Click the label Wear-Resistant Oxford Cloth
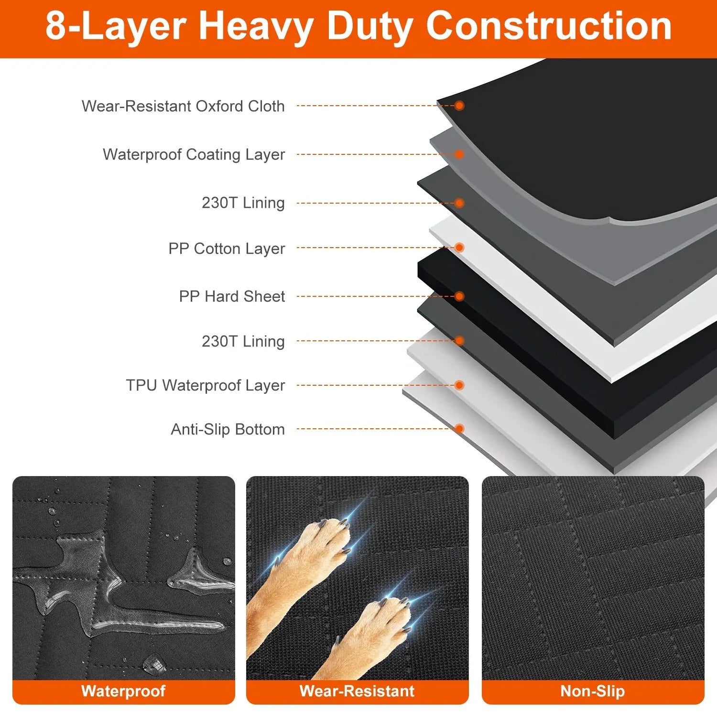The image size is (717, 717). pyautogui.click(x=183, y=106)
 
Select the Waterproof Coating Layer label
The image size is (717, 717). pyautogui.click(x=194, y=154)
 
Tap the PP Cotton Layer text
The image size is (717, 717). pyautogui.click(x=227, y=249)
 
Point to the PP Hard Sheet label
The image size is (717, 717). pyautogui.click(x=232, y=296)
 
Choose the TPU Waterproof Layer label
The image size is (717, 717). pyautogui.click(x=205, y=385)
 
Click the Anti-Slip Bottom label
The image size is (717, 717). pyautogui.click(x=228, y=429)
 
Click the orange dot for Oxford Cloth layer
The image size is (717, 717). pyautogui.click(x=459, y=106)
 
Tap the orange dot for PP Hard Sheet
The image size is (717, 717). pyautogui.click(x=459, y=296)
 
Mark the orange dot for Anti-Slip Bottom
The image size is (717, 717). pyautogui.click(x=459, y=428)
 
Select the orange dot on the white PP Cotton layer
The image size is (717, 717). pyautogui.click(x=459, y=248)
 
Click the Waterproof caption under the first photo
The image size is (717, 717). pyautogui.click(x=123, y=691)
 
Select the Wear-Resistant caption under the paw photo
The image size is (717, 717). pyautogui.click(x=357, y=691)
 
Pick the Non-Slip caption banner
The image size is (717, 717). pyautogui.click(x=593, y=691)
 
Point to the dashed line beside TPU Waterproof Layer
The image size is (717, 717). pyautogui.click(x=373, y=385)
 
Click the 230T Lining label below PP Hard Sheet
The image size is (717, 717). pyautogui.click(x=243, y=341)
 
